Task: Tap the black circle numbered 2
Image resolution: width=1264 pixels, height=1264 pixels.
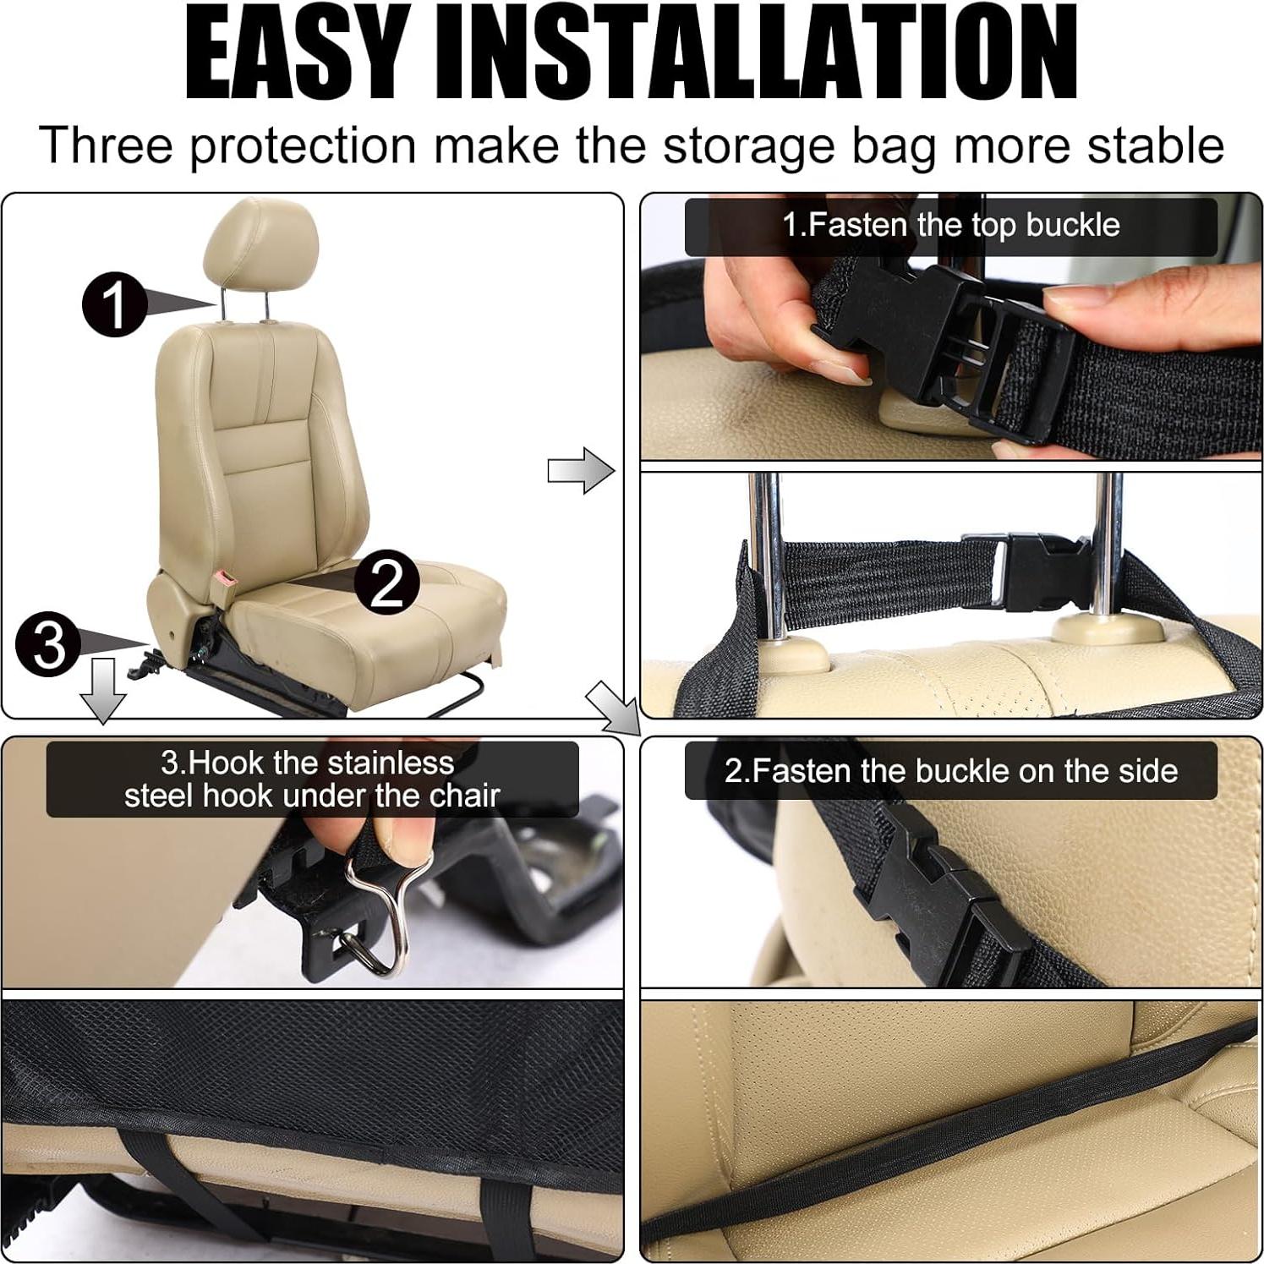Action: tap(386, 583)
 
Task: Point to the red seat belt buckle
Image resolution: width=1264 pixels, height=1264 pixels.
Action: tap(227, 581)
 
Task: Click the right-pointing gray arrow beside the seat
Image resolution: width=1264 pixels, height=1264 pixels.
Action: tap(581, 471)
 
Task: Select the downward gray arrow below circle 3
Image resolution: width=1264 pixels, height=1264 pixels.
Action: tap(102, 690)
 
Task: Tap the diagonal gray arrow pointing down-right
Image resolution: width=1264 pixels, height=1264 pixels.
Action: tap(613, 707)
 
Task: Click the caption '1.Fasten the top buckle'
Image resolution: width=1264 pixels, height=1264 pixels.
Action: tap(950, 226)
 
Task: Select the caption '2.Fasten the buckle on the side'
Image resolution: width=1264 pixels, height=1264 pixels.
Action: tap(950, 771)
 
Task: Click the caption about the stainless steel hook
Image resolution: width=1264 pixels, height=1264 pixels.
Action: tap(311, 779)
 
